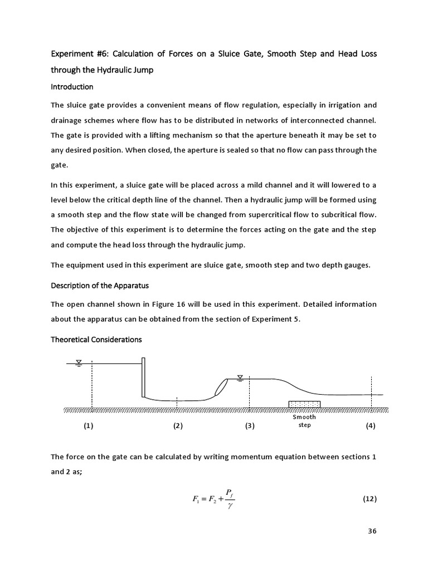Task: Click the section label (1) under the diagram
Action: [x=89, y=426]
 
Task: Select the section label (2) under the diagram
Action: [x=178, y=426]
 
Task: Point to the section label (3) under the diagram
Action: [x=249, y=426]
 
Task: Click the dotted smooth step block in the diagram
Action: [x=304, y=404]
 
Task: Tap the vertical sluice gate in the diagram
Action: [x=143, y=377]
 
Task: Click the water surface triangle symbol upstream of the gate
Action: [x=79, y=362]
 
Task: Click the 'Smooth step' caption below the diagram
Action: [x=304, y=421]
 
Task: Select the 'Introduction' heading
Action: [x=72, y=87]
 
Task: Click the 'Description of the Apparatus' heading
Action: [x=99, y=286]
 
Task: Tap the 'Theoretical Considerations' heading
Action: [x=96, y=339]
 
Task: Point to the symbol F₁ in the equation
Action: [x=196, y=499]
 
